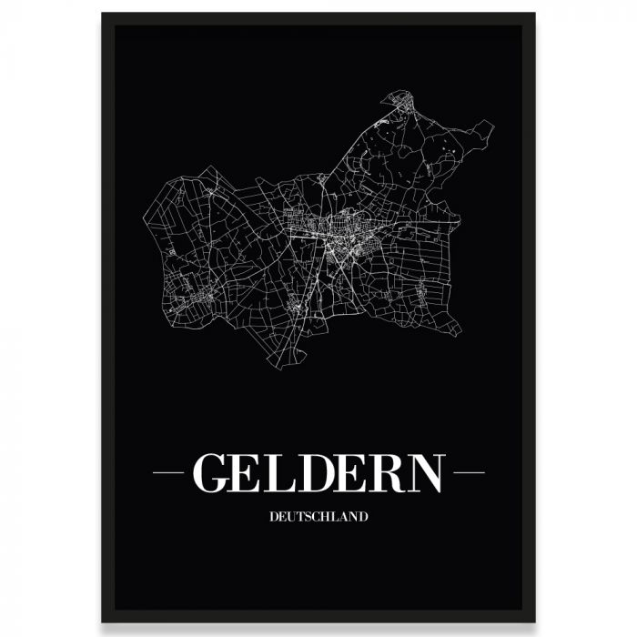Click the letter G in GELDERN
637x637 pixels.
213,472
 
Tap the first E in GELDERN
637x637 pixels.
253,472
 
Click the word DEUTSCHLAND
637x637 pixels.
318,517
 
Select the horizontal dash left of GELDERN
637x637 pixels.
169,472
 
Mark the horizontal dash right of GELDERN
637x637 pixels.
469,472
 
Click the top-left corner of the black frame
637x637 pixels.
103,15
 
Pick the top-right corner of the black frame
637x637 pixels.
534,15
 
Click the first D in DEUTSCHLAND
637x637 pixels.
274,517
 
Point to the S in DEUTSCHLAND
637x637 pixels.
308,517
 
